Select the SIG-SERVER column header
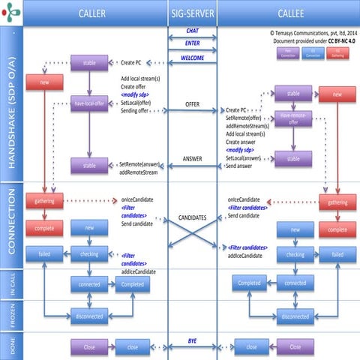192,13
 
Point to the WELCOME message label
192,57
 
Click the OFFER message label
192,103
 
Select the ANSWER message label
192,158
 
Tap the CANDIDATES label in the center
192,217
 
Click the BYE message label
192,341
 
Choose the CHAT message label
192,31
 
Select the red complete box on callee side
337,229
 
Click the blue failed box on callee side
337,255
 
